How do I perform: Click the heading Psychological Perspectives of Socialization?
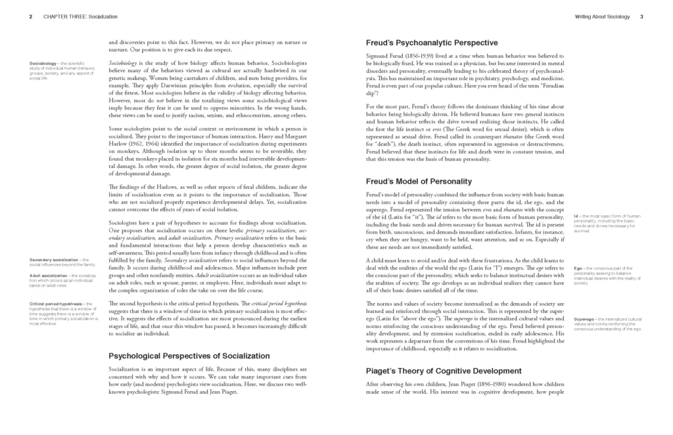tap(179, 356)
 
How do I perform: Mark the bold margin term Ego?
tap(578, 268)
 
